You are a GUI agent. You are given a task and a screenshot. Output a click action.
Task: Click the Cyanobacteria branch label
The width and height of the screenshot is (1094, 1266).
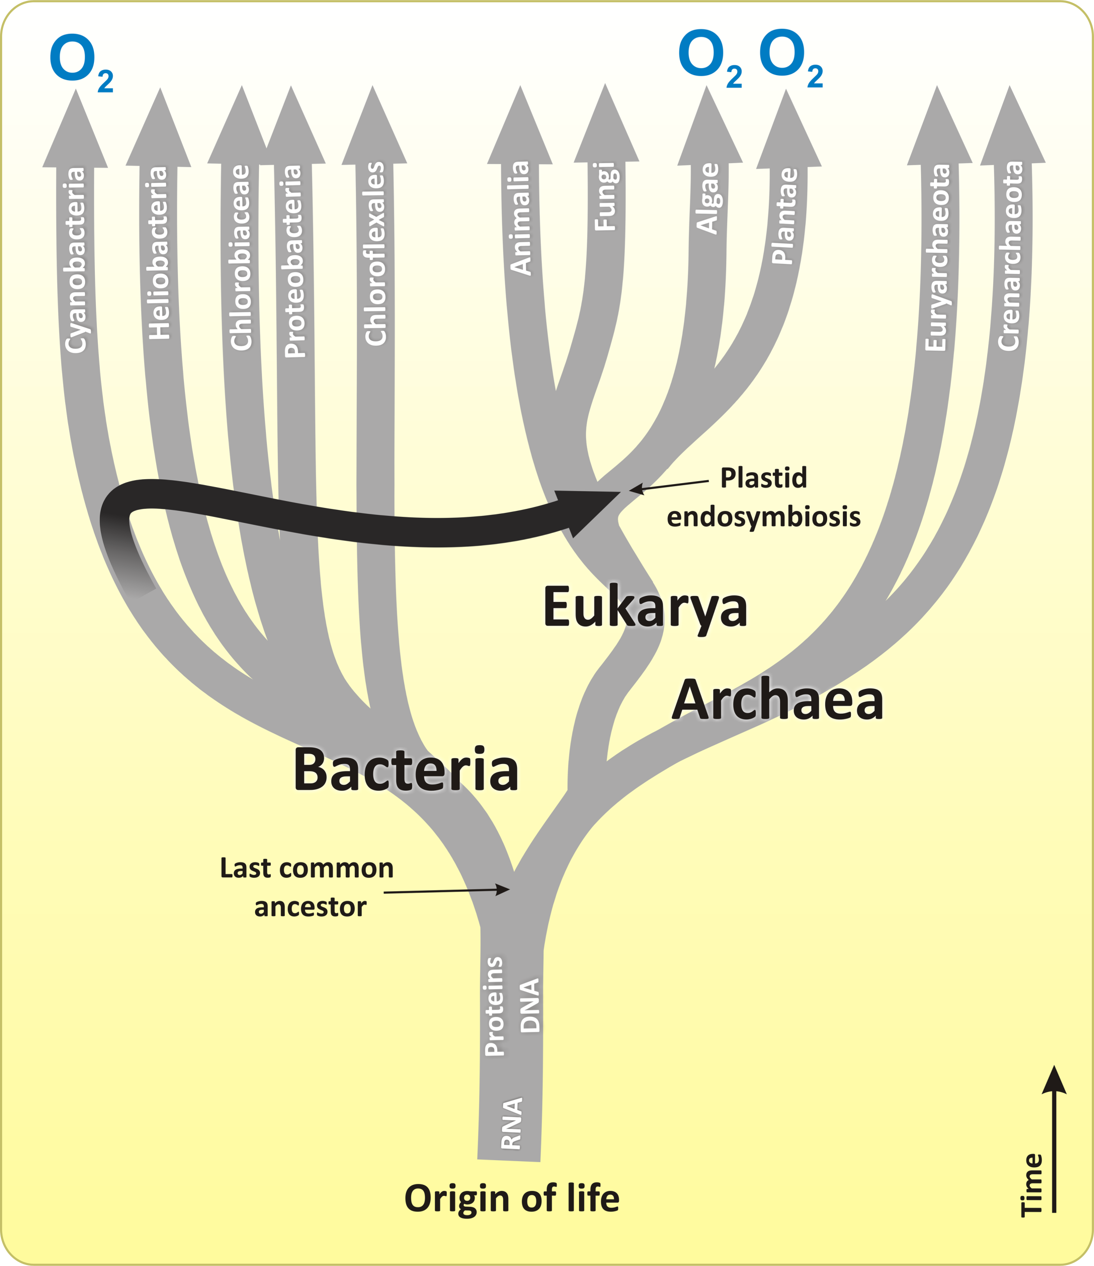(76, 260)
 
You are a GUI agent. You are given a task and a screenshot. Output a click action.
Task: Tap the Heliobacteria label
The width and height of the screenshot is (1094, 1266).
(159, 252)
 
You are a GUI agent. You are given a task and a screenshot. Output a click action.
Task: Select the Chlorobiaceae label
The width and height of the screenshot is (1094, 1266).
(241, 257)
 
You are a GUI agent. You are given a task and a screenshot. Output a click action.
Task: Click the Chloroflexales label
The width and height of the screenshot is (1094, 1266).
(375, 254)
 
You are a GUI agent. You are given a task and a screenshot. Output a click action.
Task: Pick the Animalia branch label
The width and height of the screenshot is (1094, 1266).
(520, 218)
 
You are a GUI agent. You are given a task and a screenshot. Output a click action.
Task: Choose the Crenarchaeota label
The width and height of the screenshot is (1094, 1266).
(1009, 255)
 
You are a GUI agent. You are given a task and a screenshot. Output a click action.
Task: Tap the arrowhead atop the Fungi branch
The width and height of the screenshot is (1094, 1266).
(606, 123)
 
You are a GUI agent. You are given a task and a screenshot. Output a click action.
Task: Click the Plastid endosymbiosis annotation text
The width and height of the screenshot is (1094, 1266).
(764, 497)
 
